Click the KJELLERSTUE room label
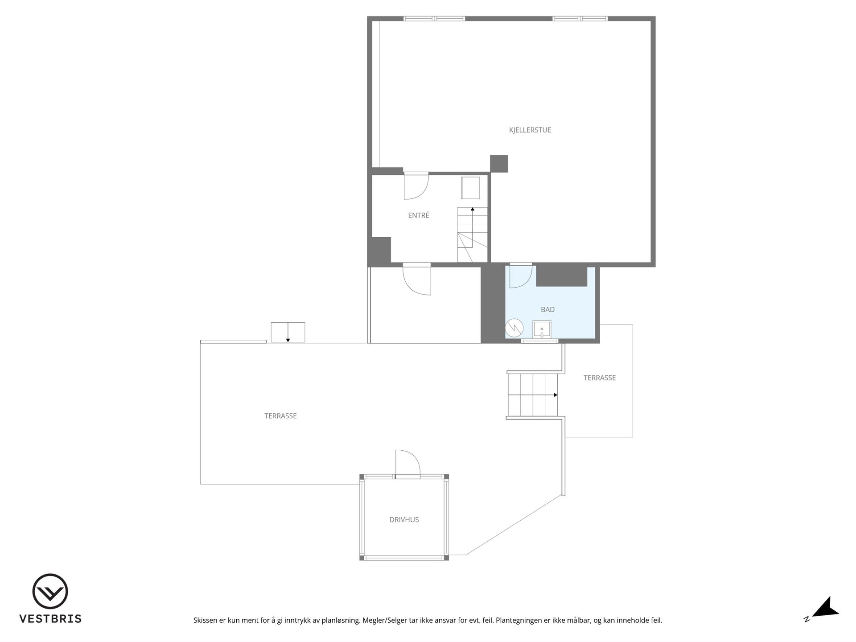pyautogui.click(x=530, y=130)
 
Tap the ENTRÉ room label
pyautogui.click(x=419, y=215)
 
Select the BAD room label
pyautogui.click(x=547, y=309)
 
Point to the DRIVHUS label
pyautogui.click(x=404, y=519)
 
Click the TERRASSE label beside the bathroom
pyautogui.click(x=600, y=378)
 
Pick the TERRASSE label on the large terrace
pyautogui.click(x=280, y=416)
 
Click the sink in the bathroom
pyautogui.click(x=542, y=329)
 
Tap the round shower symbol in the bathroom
pyautogui.click(x=514, y=328)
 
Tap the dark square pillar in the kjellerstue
pyautogui.click(x=499, y=164)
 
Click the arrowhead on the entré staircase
pyautogui.click(x=473, y=209)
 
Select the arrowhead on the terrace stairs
pyautogui.click(x=556, y=395)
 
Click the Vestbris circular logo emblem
pyautogui.click(x=50, y=591)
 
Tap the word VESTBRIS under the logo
pyautogui.click(x=50, y=619)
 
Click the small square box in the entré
pyautogui.click(x=470, y=188)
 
